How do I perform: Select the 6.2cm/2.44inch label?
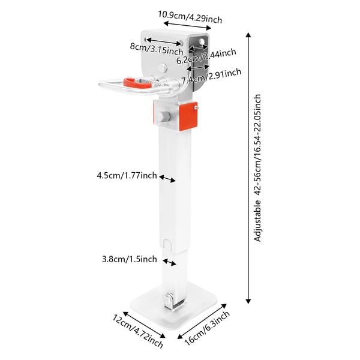[x=206, y=56]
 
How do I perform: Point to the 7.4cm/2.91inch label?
[x=211, y=76]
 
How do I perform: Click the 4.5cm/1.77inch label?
[x=127, y=176]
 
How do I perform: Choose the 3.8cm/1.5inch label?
[x=130, y=259]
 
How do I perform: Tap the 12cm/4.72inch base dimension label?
[x=138, y=331]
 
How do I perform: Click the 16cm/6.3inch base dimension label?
[x=207, y=328]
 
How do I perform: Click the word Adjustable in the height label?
[x=258, y=221]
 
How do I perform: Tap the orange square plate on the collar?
[x=188, y=116]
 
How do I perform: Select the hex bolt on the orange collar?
[x=163, y=116]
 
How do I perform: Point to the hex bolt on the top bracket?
[x=163, y=68]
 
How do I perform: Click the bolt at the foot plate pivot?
[x=169, y=300]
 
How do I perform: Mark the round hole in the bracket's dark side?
[x=202, y=41]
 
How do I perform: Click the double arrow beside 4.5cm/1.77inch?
[x=167, y=179]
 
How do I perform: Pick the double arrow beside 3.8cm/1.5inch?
[x=169, y=262]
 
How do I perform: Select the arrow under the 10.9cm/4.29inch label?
[x=187, y=26]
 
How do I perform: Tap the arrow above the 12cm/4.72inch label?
[x=144, y=325]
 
